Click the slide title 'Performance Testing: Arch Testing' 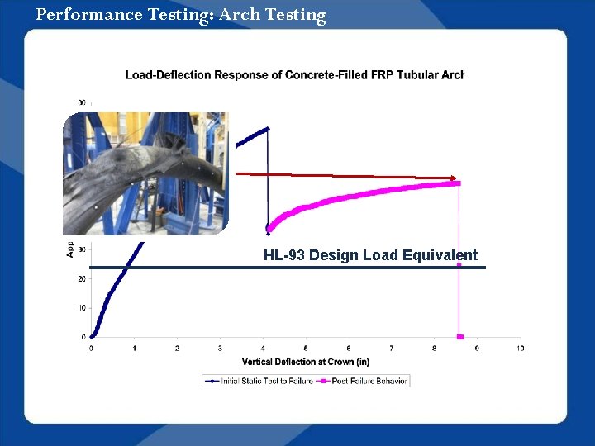[181, 15]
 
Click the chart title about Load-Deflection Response [294, 75]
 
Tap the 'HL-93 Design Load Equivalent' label [370, 255]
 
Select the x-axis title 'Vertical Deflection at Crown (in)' [305, 362]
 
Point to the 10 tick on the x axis [520, 349]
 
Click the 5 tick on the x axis [306, 349]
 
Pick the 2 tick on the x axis [177, 349]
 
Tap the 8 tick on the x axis [434, 349]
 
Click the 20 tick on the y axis [82, 279]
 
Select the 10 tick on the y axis [82, 308]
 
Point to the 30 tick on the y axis [82, 249]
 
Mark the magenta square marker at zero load [460, 337]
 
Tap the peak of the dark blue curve [267, 128]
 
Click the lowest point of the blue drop [268, 229]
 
